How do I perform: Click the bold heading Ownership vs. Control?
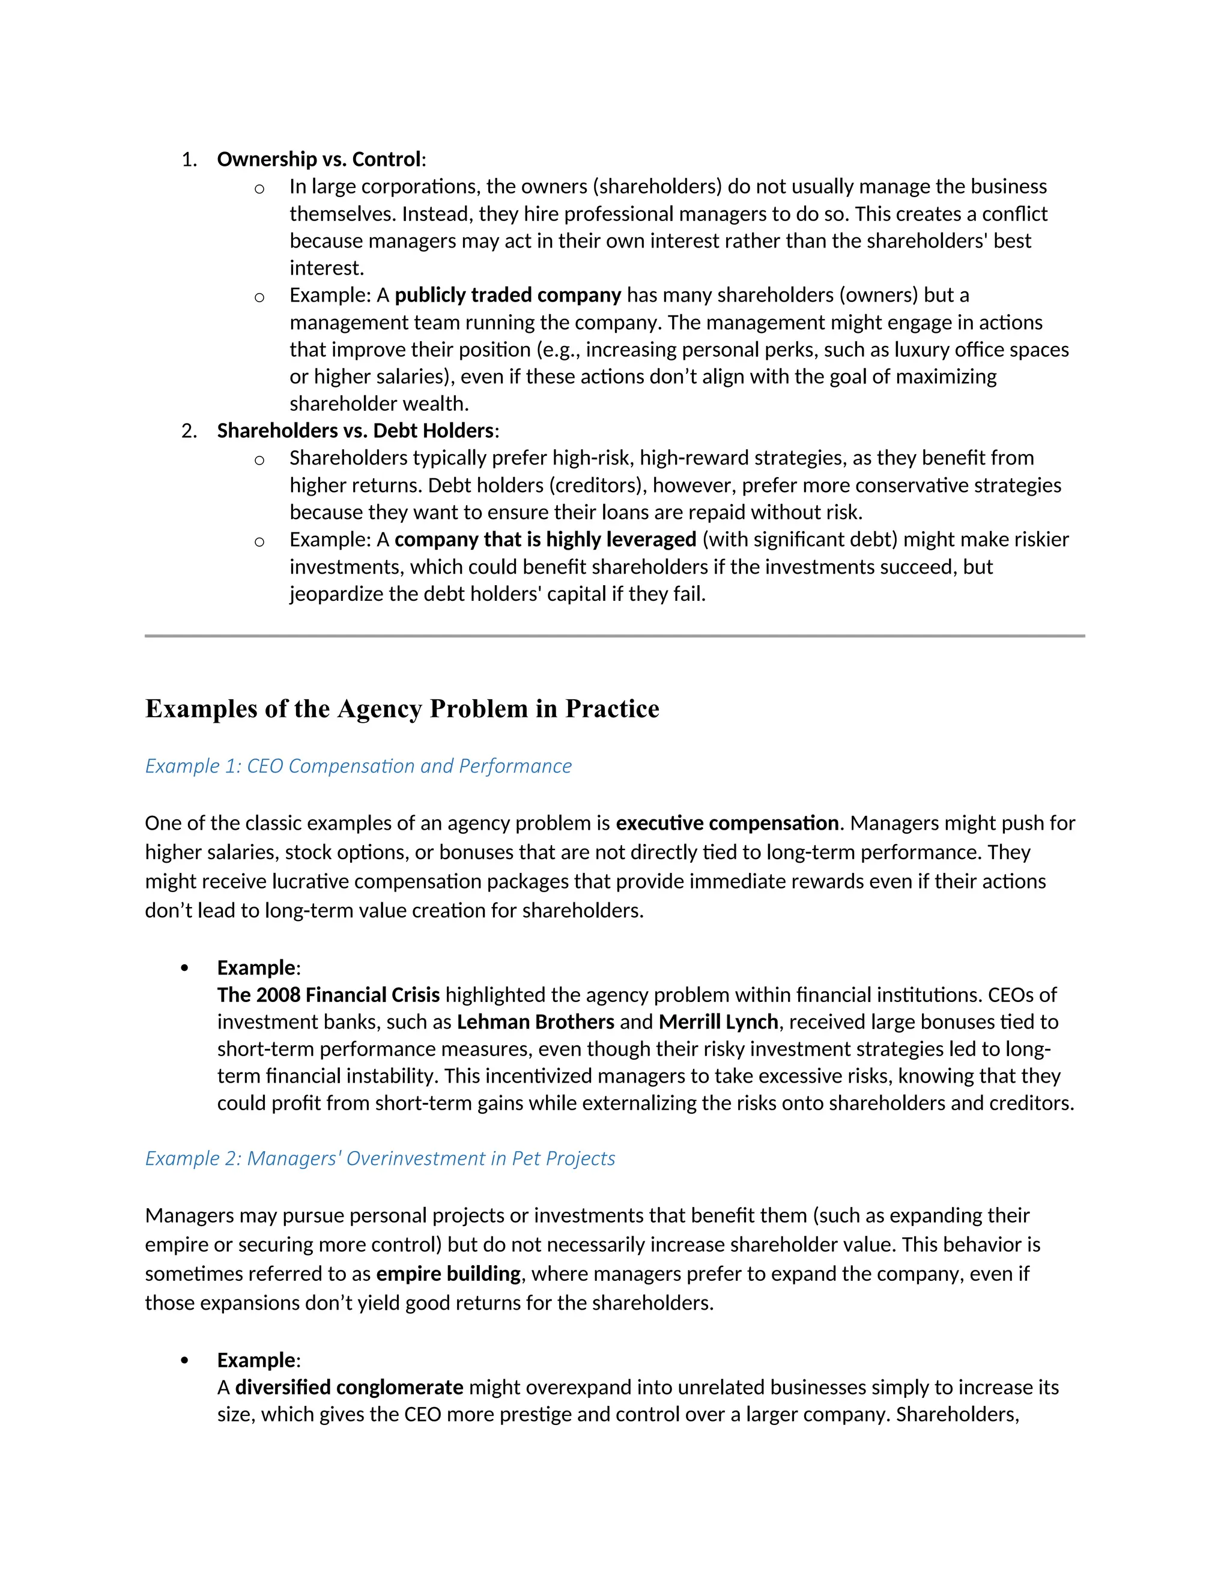319,159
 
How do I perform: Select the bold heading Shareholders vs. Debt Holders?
356,431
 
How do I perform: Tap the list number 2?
189,431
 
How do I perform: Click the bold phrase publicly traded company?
508,295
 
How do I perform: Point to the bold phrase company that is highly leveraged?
545,539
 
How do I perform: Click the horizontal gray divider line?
614,636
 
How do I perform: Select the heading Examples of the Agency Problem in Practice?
402,708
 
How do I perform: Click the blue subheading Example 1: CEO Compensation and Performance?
358,766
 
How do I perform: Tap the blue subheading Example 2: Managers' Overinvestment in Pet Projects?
380,1158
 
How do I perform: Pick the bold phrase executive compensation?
727,823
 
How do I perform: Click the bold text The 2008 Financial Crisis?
328,995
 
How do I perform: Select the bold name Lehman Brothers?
536,1022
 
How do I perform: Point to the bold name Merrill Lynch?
718,1022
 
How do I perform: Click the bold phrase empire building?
448,1274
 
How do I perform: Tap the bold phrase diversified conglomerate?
349,1387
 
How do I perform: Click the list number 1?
189,159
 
